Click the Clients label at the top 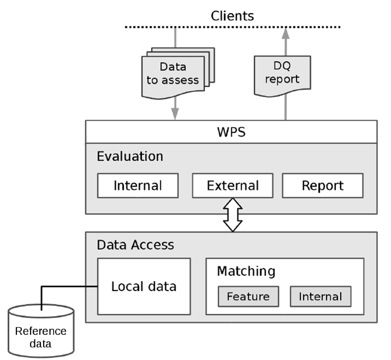tap(232, 15)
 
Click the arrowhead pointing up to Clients tap(284, 34)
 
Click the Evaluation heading tap(130, 156)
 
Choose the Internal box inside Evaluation tap(138, 186)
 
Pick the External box tap(232, 186)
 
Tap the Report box tap(322, 186)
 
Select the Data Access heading tap(135, 245)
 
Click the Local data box tap(143, 286)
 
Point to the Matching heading tap(246, 271)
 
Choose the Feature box tap(248, 297)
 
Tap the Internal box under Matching tap(320, 297)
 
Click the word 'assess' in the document tap(184, 81)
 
